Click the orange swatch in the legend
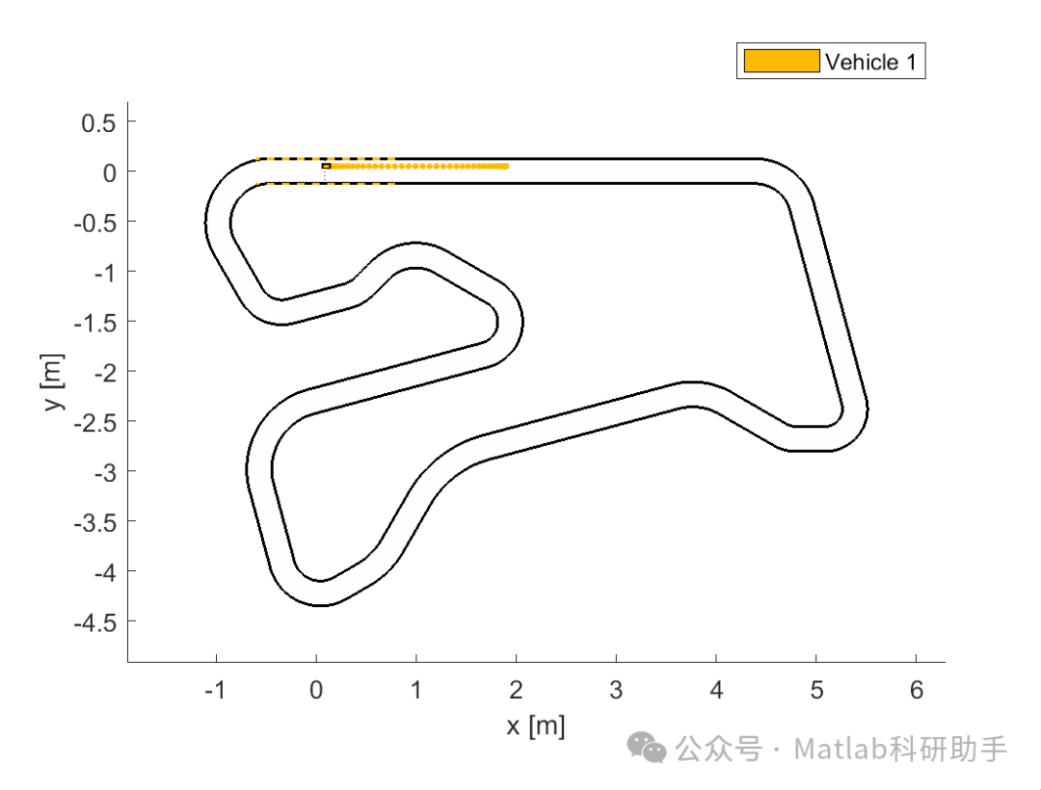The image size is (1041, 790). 782,61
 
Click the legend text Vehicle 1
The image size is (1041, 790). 871,62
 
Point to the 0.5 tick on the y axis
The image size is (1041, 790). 98,122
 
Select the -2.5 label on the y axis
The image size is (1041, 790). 94,422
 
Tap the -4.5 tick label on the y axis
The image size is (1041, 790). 94,622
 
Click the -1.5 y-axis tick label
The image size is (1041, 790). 94,323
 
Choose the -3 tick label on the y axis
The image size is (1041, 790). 105,472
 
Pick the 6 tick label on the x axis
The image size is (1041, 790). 917,690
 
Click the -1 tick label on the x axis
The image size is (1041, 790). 215,690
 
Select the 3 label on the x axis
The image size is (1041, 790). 616,690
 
